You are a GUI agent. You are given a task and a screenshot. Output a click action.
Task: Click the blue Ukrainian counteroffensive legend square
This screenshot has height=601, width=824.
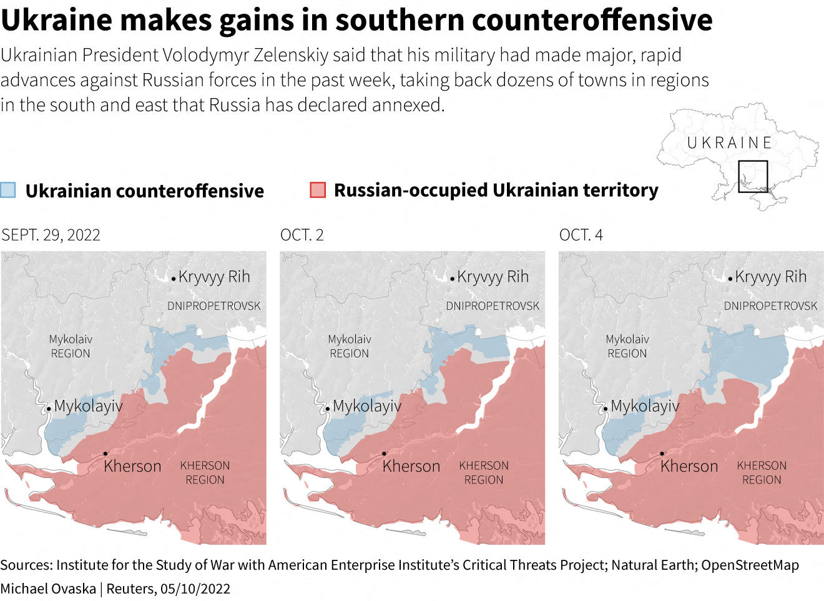point(8,190)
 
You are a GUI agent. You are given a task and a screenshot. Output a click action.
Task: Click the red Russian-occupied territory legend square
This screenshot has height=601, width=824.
point(318,190)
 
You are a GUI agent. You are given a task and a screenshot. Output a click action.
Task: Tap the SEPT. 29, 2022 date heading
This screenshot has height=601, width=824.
point(51,235)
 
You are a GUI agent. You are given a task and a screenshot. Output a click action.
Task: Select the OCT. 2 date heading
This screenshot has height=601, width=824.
point(302,235)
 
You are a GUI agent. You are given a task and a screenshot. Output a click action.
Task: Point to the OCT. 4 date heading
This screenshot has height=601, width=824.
point(581,235)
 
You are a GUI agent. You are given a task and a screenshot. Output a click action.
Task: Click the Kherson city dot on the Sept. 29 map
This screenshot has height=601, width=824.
point(105,454)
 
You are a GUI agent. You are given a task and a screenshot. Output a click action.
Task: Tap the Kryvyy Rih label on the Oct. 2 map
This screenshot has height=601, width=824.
point(493,277)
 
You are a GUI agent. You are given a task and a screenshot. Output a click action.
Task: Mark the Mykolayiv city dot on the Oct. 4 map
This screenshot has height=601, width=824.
point(605,409)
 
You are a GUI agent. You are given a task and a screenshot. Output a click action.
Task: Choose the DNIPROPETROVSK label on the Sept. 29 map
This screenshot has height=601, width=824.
point(214,306)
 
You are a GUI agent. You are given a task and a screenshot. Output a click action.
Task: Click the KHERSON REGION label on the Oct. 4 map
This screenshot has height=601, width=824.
point(762,473)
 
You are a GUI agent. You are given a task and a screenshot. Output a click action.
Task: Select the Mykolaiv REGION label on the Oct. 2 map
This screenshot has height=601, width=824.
point(350,346)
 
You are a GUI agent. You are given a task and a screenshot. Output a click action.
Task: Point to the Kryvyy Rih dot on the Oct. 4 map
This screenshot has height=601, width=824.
point(730,279)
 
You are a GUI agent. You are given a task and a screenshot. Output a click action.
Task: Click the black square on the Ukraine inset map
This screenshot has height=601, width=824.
point(753,176)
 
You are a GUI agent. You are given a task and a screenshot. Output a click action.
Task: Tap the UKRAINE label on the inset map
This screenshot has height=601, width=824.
point(729,143)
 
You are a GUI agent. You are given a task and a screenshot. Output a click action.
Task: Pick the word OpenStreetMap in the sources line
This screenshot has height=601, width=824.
point(750,565)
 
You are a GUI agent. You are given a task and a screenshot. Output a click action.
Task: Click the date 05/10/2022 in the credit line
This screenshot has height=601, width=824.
point(195,589)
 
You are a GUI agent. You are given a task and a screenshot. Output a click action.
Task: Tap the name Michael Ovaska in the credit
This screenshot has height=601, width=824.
point(48,589)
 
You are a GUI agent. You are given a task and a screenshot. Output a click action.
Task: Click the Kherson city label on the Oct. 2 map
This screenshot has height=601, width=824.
point(411,466)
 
